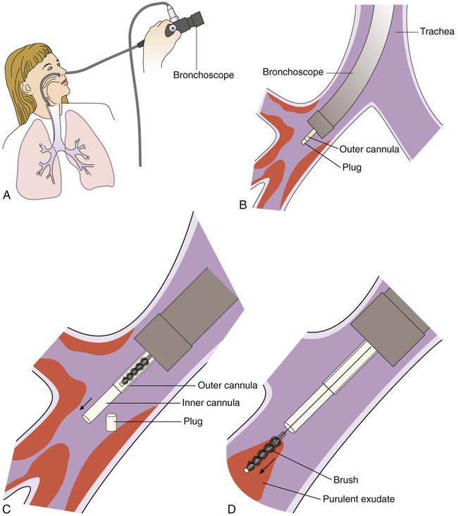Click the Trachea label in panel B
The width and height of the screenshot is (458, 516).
[438, 31]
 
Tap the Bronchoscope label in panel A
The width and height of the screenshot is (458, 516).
[204, 75]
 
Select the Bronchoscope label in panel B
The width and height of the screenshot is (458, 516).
[293, 72]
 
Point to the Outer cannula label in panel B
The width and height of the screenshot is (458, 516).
[369, 149]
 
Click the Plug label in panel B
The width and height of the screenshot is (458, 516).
[352, 167]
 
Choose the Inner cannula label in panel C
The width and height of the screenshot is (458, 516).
[211, 403]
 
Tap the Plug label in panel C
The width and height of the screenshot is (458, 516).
[193, 422]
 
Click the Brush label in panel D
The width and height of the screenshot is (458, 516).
[345, 480]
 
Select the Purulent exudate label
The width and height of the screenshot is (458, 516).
[359, 499]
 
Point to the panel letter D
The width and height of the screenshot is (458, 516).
[232, 509]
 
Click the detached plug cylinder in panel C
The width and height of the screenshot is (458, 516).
[111, 422]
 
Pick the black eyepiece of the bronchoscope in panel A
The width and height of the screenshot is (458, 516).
[191, 23]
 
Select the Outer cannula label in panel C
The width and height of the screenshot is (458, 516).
[228, 385]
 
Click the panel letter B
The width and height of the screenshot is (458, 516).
[243, 204]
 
